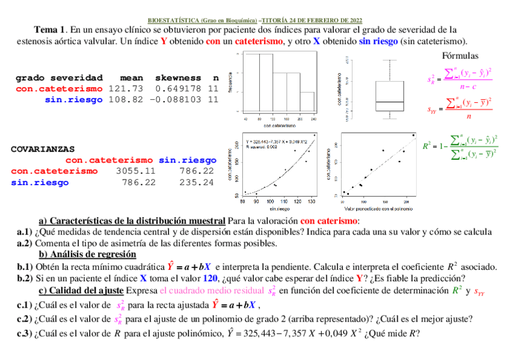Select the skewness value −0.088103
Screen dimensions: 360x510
click(178, 100)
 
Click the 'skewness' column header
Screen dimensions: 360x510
click(178, 78)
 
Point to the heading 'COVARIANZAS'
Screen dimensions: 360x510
click(43, 148)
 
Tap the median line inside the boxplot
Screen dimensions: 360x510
click(389, 102)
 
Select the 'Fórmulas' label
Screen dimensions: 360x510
click(460, 56)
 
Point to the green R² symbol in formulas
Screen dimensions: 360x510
click(428, 145)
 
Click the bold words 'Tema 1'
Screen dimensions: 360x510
click(50, 29)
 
